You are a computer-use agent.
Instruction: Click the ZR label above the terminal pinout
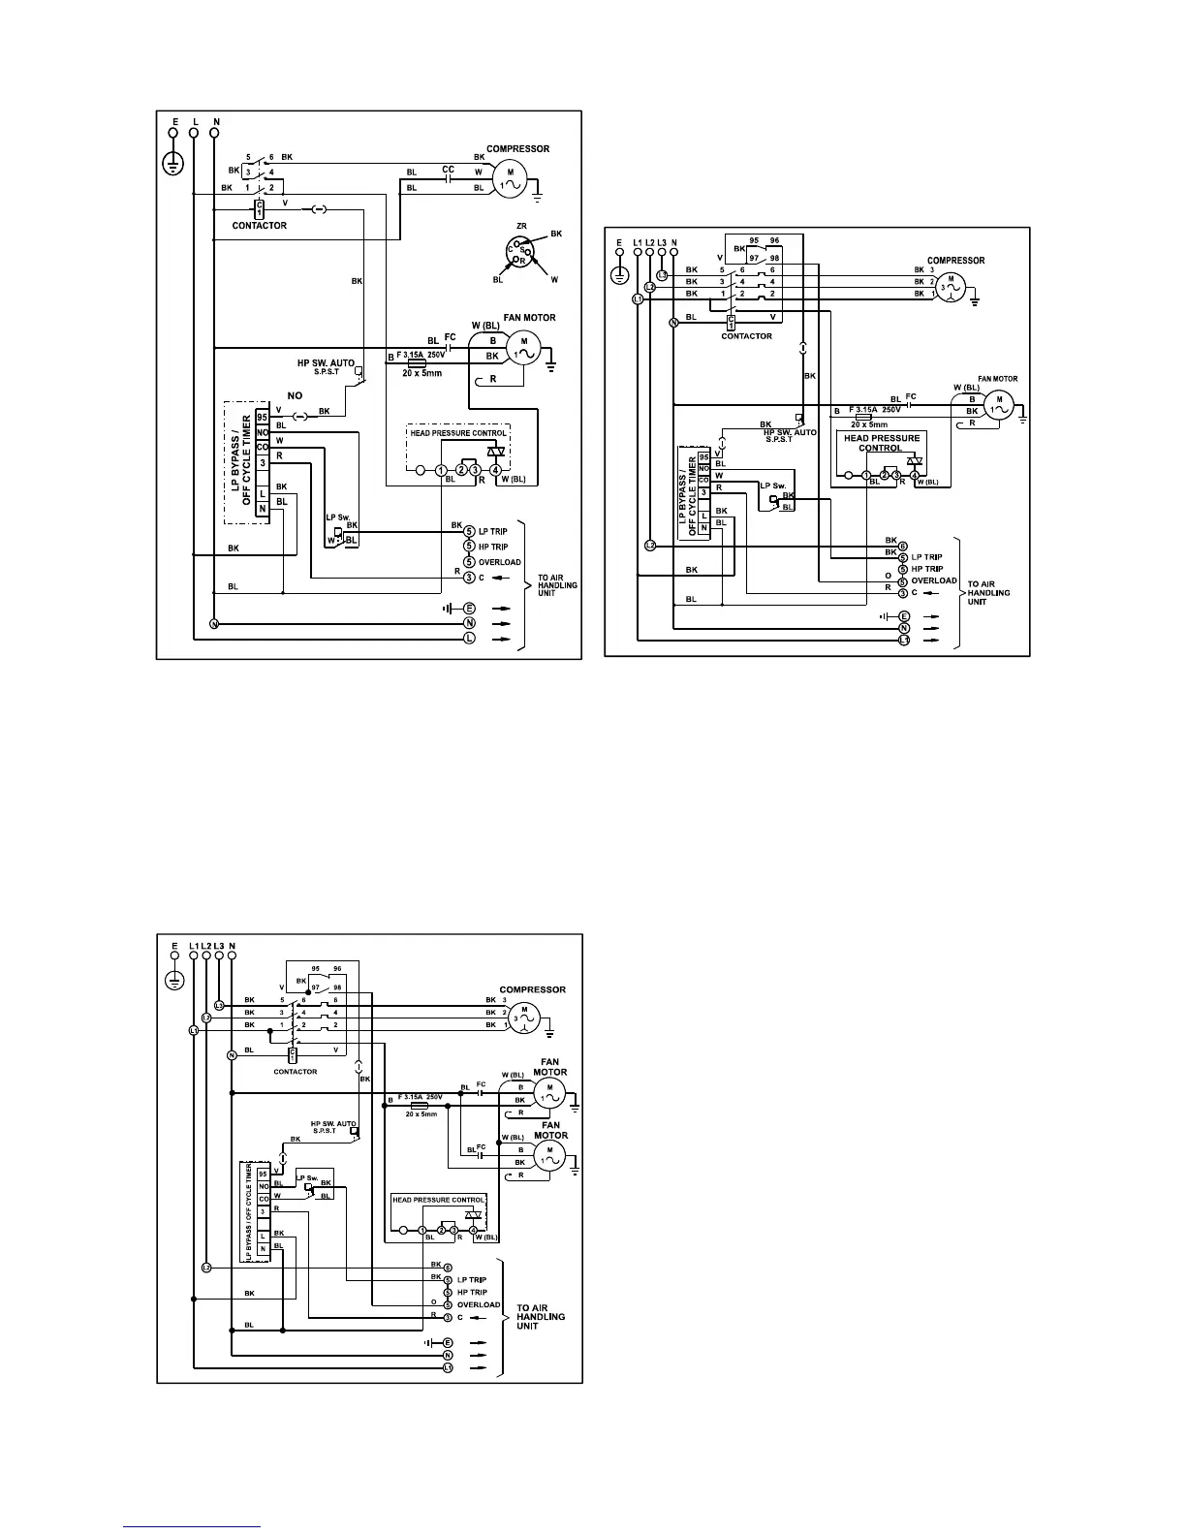[520, 225]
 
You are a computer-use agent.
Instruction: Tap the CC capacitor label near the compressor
[448, 170]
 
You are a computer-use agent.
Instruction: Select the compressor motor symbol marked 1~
[510, 178]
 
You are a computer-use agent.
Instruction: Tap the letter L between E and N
[195, 122]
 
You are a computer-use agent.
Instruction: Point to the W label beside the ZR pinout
[553, 279]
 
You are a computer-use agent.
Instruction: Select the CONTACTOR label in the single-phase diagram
[260, 226]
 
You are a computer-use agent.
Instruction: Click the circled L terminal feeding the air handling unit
[469, 639]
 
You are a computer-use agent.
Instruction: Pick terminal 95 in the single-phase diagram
[262, 416]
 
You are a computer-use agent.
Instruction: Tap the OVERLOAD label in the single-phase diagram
[499, 562]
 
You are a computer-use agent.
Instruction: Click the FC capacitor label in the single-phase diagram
[450, 337]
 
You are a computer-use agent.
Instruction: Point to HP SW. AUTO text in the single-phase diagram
[327, 363]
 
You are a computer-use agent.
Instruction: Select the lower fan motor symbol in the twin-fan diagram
[549, 1154]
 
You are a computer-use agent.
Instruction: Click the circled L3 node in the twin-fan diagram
[220, 1006]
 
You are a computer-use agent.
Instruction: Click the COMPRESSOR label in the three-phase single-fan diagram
[955, 260]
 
